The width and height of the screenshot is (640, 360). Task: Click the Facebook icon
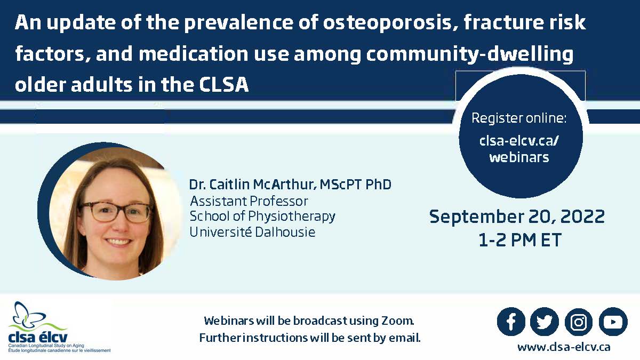click(511, 322)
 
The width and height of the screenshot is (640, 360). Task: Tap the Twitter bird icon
click(545, 322)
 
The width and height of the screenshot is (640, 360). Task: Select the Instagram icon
click(579, 322)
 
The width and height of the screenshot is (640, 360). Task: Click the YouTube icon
click(613, 322)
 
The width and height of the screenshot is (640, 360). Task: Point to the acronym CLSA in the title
click(223, 85)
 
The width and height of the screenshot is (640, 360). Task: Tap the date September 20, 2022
click(517, 217)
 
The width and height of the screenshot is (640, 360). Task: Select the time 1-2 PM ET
click(519, 239)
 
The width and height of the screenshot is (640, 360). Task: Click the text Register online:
click(519, 118)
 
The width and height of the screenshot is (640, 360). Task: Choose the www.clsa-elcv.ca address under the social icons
click(564, 347)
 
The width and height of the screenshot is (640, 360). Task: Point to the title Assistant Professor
click(249, 201)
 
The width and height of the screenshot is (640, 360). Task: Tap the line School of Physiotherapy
click(262, 217)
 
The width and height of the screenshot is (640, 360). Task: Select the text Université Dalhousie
click(252, 231)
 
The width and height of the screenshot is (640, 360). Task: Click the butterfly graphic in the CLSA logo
click(30, 316)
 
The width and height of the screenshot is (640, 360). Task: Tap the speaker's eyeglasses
click(116, 212)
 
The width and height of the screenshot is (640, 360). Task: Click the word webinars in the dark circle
click(519, 157)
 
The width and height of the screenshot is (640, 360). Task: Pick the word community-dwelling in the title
click(469, 54)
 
